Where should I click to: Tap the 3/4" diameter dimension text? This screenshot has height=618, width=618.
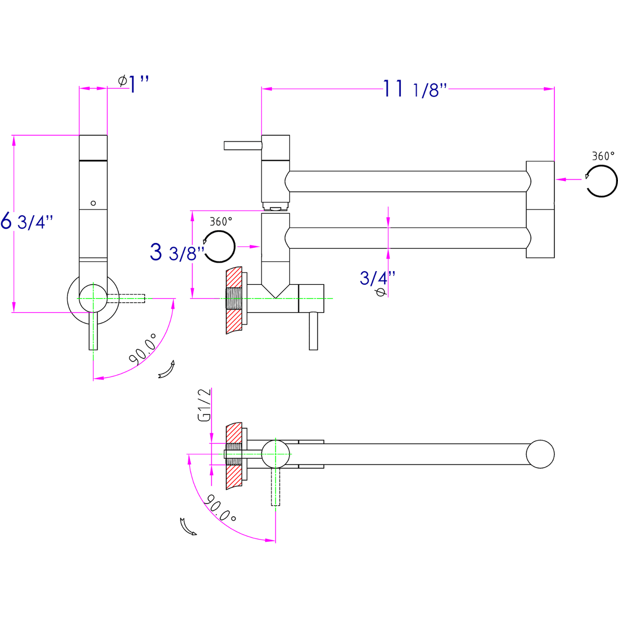point(377,278)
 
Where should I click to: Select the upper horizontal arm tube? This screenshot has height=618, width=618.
point(408,181)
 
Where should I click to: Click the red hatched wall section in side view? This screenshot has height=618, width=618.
point(233,301)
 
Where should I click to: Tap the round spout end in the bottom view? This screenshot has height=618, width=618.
point(540,454)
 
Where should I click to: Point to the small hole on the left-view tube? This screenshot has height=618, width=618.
point(93,203)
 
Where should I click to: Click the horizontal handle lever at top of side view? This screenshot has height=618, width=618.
point(242,145)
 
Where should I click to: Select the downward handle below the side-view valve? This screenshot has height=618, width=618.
point(313,331)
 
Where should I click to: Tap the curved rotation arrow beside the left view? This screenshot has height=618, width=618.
point(167,369)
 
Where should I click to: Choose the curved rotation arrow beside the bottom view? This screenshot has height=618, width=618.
point(188,526)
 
